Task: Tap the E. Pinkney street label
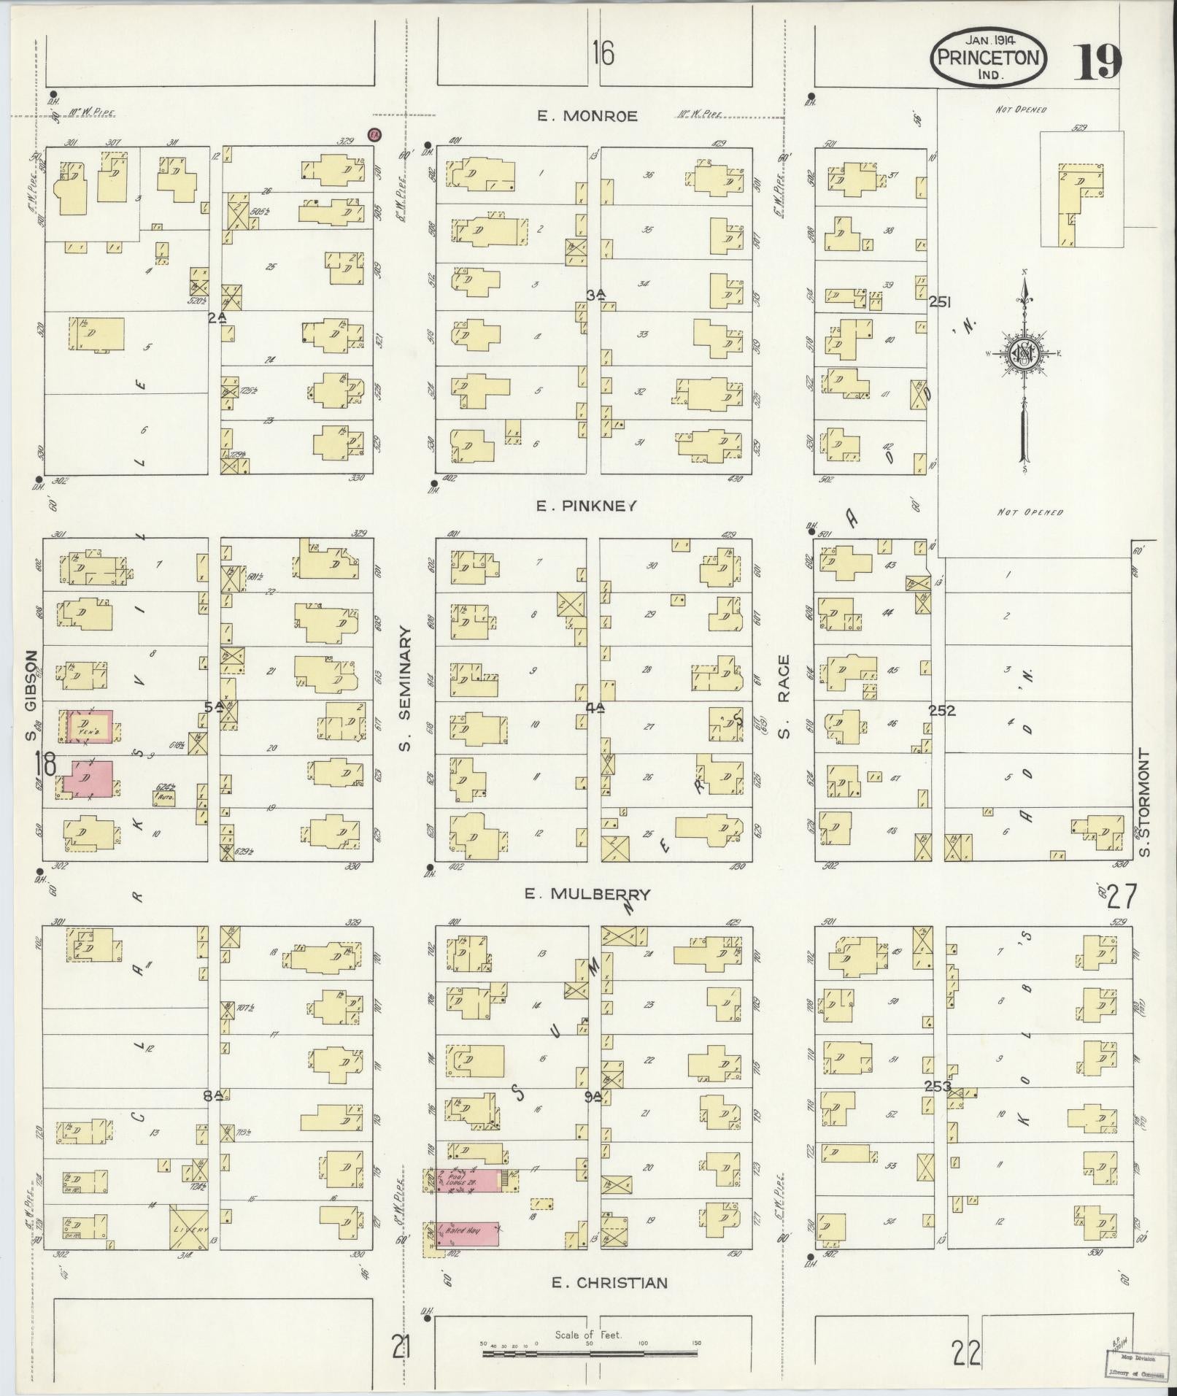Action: click(x=587, y=505)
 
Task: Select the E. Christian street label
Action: click(x=609, y=1282)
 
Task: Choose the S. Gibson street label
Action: click(x=31, y=695)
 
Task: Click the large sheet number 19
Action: click(x=1097, y=61)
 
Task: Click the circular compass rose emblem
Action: click(x=1023, y=354)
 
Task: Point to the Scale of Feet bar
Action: click(x=588, y=1354)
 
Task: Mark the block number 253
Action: click(x=938, y=1087)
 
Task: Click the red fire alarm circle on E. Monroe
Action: click(x=374, y=135)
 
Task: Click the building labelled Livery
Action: click(x=188, y=1228)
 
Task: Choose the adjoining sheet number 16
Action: click(x=603, y=53)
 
